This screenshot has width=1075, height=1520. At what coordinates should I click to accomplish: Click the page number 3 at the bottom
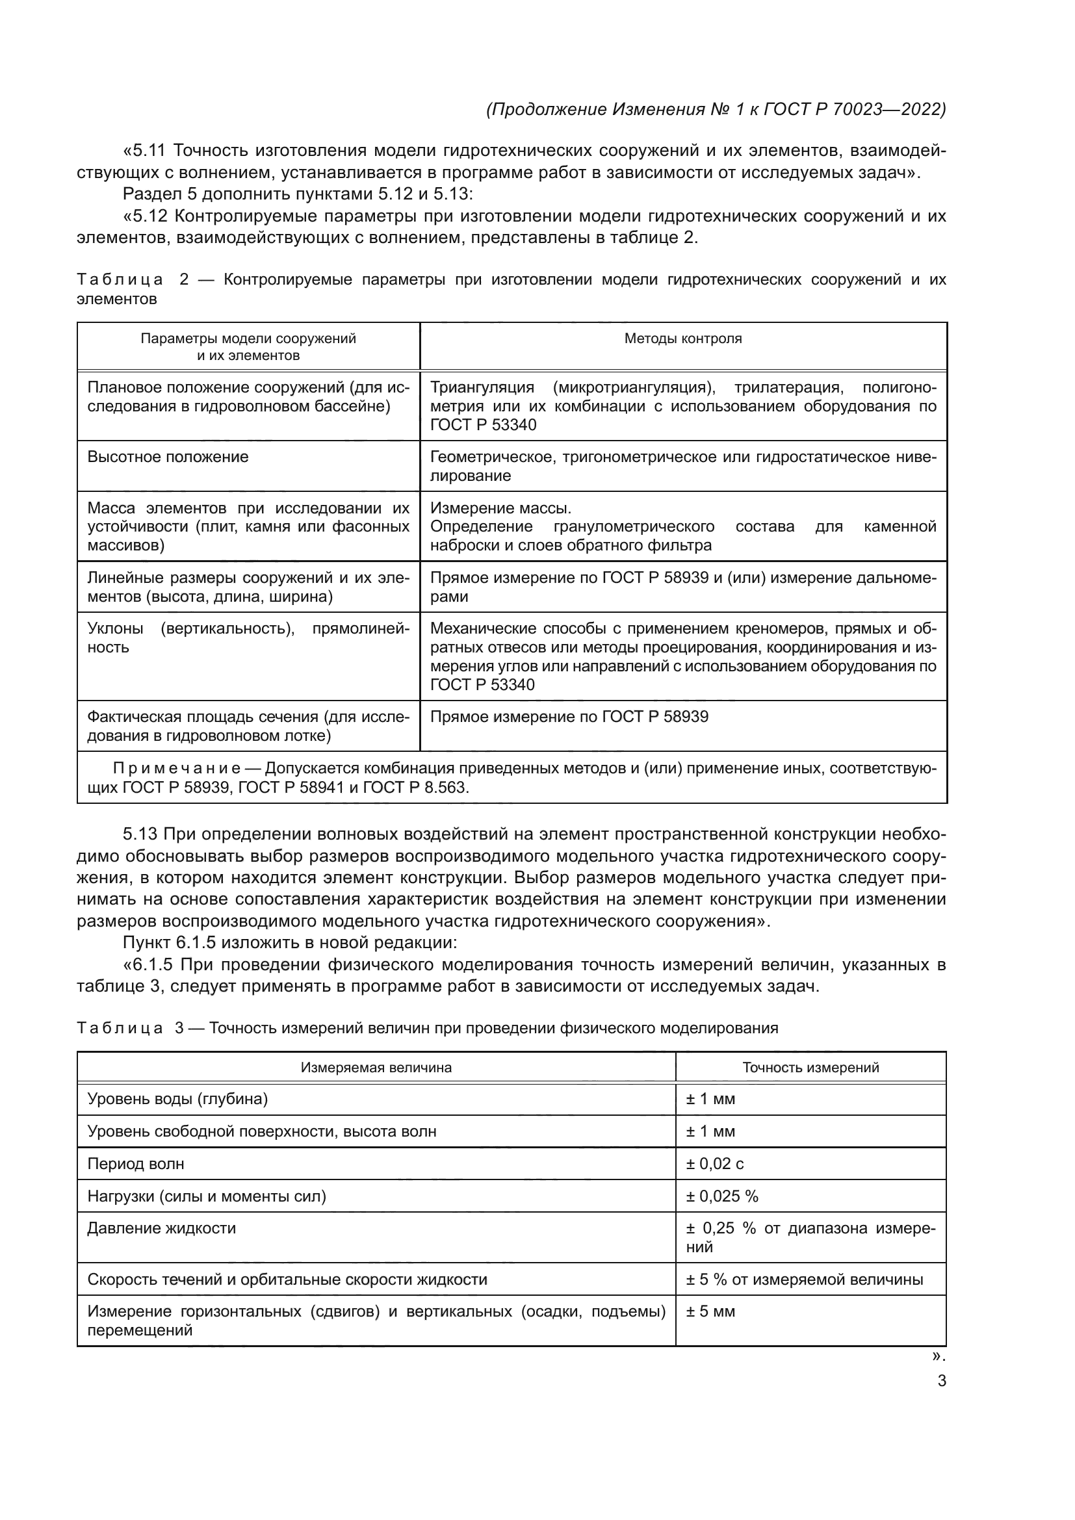pos(941,1381)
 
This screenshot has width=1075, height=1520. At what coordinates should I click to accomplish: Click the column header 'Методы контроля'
pos(682,339)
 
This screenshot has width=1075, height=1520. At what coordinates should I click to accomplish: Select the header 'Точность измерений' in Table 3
pos(810,1067)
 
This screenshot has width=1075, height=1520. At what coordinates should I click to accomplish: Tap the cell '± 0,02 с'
pos(715,1164)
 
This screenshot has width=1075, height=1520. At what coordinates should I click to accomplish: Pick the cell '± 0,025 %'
pos(722,1196)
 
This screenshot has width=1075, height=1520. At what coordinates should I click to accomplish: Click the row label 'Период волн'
pos(136,1164)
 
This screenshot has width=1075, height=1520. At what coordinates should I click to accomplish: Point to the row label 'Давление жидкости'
pos(162,1228)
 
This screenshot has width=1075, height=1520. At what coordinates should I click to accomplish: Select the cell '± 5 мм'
pos(711,1311)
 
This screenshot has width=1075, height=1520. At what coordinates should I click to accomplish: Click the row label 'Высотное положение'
pos(168,457)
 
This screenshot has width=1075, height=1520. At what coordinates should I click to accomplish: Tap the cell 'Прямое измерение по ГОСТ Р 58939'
pos(569,717)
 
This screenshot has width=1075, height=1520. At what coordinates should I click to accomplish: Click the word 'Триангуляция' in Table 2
pos(482,387)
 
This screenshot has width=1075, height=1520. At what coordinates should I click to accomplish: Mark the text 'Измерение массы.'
pos(500,508)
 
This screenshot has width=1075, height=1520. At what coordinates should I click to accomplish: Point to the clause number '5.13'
pos(140,834)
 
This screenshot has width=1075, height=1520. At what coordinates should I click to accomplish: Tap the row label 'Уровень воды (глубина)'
pos(177,1099)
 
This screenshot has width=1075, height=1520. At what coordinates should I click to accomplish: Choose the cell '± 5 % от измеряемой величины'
pos(804,1279)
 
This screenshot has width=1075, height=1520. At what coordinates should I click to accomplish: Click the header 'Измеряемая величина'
pos(376,1067)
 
